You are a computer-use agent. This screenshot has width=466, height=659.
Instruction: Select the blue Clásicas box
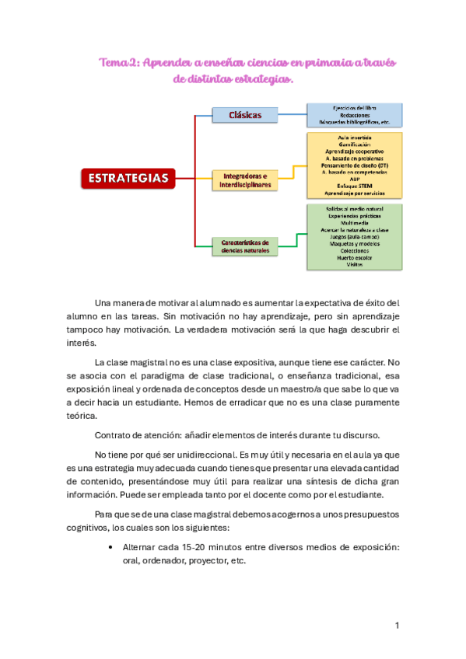click(x=244, y=116)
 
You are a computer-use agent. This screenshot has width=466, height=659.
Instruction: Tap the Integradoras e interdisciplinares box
click(x=244, y=180)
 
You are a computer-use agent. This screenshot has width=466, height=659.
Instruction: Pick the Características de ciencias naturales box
click(x=244, y=246)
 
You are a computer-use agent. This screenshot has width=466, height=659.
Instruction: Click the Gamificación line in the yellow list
click(x=354, y=145)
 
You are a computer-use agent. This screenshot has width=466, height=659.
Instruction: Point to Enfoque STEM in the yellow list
click(x=354, y=186)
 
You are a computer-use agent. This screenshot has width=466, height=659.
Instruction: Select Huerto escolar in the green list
click(x=354, y=257)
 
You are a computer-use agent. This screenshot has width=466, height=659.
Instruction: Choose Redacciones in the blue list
click(x=354, y=114)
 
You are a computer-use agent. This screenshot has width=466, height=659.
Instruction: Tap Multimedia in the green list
click(x=354, y=223)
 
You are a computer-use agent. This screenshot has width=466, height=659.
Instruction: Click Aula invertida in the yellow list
click(x=354, y=138)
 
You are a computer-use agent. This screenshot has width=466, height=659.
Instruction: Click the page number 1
click(x=397, y=626)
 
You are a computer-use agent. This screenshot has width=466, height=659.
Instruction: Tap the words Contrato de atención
click(x=135, y=434)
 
